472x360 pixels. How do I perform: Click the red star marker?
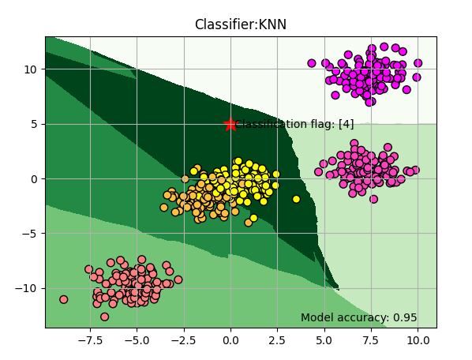(x=230, y=124)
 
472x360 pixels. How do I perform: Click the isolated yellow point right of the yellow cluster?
(x=296, y=199)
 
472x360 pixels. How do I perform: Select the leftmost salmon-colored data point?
(x=64, y=299)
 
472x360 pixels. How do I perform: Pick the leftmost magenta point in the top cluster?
(x=312, y=63)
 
